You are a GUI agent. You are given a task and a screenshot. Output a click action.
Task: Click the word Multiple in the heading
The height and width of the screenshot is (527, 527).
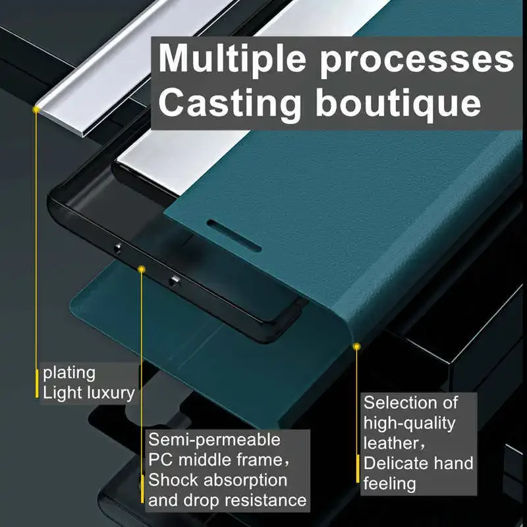tap(233, 59)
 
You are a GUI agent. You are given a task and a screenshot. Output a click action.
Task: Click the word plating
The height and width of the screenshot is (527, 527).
tap(69, 374)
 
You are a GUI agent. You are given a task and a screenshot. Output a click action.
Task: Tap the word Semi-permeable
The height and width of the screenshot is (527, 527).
tap(215, 439)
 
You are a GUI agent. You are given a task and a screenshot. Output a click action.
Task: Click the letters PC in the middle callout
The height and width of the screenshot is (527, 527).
tap(161, 460)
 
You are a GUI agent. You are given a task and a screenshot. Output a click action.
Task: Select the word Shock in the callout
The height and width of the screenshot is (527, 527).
tap(174, 480)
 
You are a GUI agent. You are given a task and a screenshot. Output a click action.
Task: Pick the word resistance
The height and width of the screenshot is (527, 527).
tap(265, 501)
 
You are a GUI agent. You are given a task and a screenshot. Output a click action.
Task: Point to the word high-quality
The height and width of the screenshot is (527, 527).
tap(409, 424)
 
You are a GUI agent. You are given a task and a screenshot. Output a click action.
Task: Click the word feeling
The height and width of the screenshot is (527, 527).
tap(390, 484)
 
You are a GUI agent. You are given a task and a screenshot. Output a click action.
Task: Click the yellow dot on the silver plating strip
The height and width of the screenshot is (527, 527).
tap(36, 109)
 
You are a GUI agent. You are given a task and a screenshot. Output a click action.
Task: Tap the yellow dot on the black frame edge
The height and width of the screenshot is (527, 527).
tap(142, 269)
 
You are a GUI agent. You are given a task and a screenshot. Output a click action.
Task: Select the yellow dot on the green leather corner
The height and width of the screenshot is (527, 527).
tap(356, 347)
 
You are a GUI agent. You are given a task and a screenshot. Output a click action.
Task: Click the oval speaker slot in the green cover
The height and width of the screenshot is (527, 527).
tap(235, 236)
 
